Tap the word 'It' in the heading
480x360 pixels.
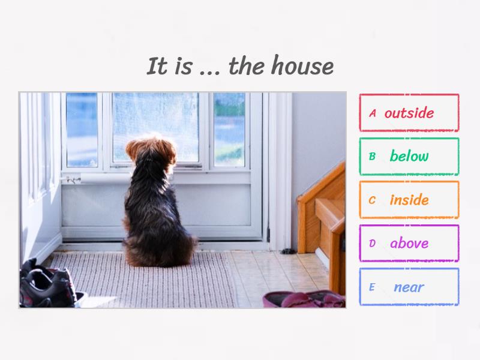click(157, 66)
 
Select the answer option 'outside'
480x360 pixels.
click(409, 113)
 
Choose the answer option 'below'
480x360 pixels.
click(409, 157)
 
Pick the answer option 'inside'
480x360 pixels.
click(409, 200)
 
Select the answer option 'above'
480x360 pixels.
click(409, 243)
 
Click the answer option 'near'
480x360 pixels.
click(409, 287)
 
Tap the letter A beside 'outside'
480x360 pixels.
click(373, 113)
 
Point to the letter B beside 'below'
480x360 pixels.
click(372, 157)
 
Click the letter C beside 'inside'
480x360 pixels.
click(372, 200)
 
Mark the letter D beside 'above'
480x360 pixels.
click(372, 243)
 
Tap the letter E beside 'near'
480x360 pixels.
click(372, 287)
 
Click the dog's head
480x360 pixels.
click(151, 154)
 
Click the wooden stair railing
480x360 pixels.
click(322, 204)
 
